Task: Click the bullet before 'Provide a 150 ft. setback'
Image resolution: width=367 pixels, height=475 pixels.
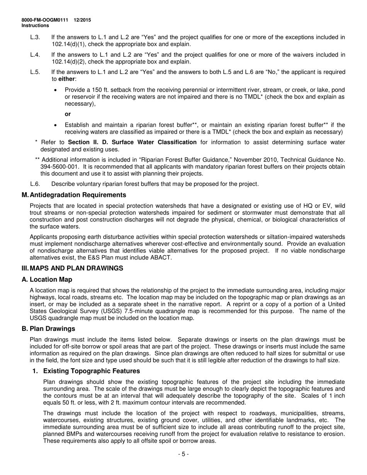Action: [56, 90]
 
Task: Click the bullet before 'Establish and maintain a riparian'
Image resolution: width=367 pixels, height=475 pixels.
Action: [56, 125]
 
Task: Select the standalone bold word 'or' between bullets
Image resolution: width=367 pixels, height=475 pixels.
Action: [68, 114]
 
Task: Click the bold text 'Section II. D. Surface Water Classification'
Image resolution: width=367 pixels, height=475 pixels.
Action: [132, 142]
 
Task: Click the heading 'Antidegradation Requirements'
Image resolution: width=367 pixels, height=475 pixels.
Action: [78, 195]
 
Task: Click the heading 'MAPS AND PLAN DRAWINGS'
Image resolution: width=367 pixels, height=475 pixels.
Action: [76, 268]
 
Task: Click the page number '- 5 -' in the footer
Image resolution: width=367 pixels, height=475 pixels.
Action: [183, 455]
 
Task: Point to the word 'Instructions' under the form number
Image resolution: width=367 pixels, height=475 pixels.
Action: [35, 26]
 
